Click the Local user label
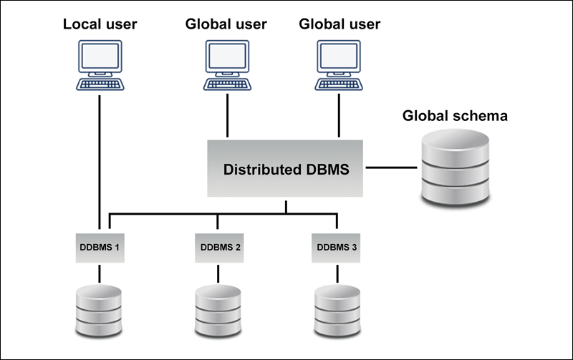pos(100,24)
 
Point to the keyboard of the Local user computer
pos(100,84)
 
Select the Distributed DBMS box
pos(286,169)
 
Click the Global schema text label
pos(455,116)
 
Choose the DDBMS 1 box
pos(99,248)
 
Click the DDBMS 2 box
pos(218,248)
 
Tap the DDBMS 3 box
pos(337,248)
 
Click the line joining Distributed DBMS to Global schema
pos(390,169)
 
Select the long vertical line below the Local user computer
pos(99,157)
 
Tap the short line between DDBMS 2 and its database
pos(218,273)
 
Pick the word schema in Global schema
pos(482,116)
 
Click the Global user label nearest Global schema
pos(339,24)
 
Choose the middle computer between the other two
pos(226,64)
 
